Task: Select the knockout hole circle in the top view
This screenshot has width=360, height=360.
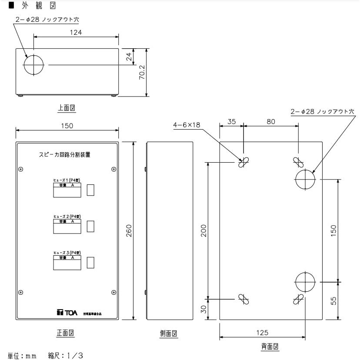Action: pos(34,65)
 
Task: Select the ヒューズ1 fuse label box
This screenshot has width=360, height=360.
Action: pos(67,190)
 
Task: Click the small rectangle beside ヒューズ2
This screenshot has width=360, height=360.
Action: pos(91,227)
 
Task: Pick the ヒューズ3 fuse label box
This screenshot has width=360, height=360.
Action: pos(67,263)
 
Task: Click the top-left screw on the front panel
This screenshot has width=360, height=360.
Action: pos(20,169)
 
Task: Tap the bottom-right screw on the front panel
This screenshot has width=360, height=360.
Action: pos(113,292)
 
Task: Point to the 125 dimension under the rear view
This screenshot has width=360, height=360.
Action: pos(262,333)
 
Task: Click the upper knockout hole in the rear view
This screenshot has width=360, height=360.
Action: pos(305,178)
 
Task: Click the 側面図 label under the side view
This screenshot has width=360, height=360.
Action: pos(169,334)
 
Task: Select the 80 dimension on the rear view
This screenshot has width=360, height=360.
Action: pos(271,122)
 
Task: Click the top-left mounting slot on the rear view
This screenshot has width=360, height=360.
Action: pos(243,162)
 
